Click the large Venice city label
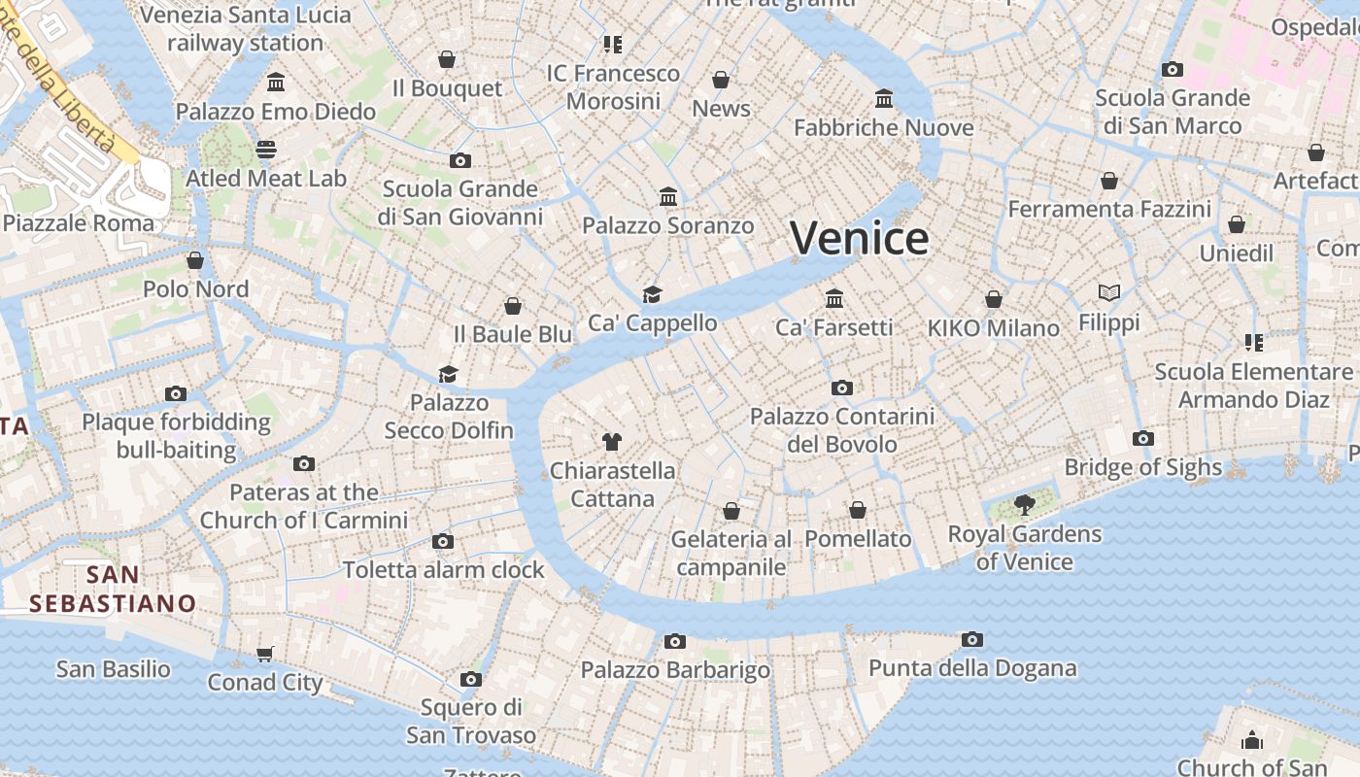tap(860, 238)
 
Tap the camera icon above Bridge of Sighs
tap(1143, 438)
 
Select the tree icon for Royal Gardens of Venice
tap(1024, 504)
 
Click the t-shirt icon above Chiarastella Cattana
tap(611, 442)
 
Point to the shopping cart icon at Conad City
tap(265, 654)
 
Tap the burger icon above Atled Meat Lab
tap(266, 149)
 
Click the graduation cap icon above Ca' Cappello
tap(652, 294)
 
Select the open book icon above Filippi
tap(1109, 292)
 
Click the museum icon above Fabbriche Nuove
tap(884, 98)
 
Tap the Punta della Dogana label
tap(972, 668)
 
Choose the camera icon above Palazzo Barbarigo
tap(675, 641)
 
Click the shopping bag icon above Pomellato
tap(858, 510)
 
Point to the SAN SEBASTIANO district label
tap(113, 589)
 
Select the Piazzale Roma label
tap(79, 223)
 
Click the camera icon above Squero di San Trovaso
tap(471, 679)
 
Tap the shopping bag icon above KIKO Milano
tap(994, 299)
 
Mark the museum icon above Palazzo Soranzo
tap(668, 197)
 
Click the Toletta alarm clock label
tap(443, 570)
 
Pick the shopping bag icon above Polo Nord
tap(195, 260)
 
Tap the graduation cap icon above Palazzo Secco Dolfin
tap(448, 374)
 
